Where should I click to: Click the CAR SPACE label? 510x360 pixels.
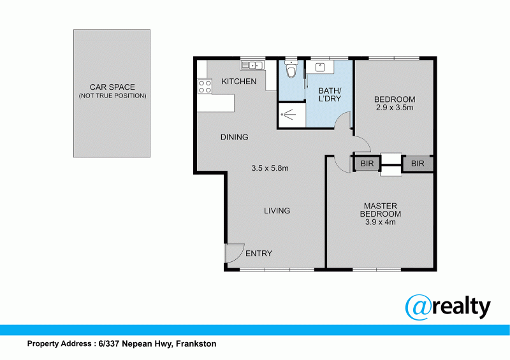click(x=112, y=87)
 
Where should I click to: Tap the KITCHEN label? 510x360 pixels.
click(x=238, y=82)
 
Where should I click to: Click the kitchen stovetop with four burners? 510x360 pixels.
click(x=205, y=86)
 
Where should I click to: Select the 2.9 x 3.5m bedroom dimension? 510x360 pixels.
click(x=395, y=108)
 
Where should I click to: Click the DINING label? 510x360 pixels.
click(x=234, y=137)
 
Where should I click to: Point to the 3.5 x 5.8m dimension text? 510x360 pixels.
click(x=270, y=169)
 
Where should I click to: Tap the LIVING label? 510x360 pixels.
click(x=277, y=211)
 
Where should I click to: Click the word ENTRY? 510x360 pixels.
click(x=259, y=254)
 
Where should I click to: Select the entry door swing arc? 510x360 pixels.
click(x=235, y=253)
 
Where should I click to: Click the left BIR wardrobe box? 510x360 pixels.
click(x=367, y=164)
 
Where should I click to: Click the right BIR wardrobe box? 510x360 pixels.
click(x=418, y=164)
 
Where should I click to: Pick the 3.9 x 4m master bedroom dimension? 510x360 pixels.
click(x=381, y=222)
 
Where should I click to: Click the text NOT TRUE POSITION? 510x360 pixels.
click(x=112, y=96)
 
